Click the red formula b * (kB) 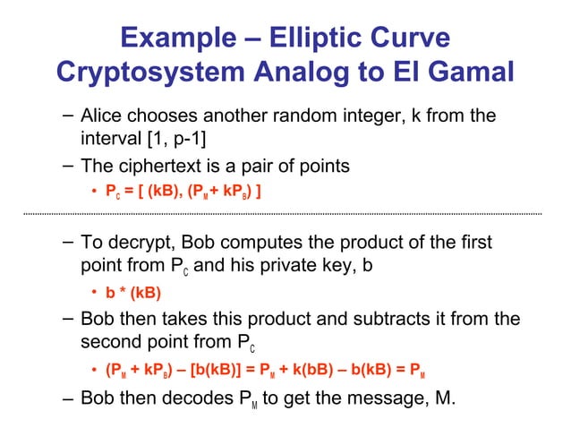134,292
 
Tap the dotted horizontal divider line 285,214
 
